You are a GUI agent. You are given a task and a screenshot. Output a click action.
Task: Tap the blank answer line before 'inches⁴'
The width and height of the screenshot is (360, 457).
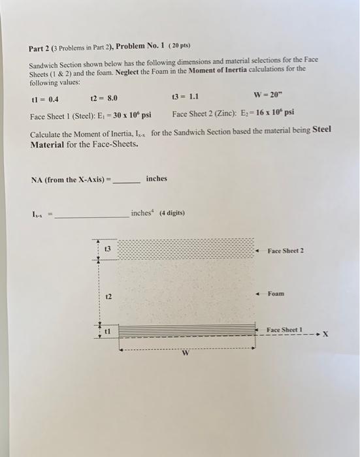pyautogui.click(x=91, y=214)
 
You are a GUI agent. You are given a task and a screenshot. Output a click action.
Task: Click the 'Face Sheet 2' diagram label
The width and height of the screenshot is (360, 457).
pyautogui.click(x=286, y=251)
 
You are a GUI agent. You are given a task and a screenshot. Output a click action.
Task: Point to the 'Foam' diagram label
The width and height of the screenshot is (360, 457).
pyautogui.click(x=276, y=294)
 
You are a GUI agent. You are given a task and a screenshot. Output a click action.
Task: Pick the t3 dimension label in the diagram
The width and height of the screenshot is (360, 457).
pyautogui.click(x=108, y=250)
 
